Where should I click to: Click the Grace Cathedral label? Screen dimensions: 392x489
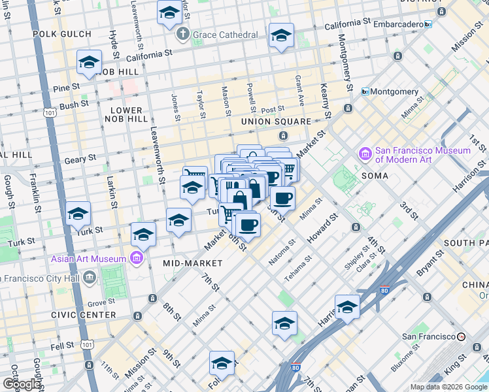pyautogui.click(x=224, y=34)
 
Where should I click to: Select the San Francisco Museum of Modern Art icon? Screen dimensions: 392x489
pyautogui.click(x=365, y=155)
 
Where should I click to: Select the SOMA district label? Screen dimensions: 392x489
pyautogui.click(x=373, y=176)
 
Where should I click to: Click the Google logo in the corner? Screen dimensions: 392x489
pyautogui.click(x=21, y=384)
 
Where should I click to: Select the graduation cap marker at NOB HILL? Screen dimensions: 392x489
pyautogui.click(x=89, y=62)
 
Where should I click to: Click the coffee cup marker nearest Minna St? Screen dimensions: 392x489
pyautogui.click(x=282, y=197)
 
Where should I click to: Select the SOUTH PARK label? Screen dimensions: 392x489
pyautogui.click(x=465, y=242)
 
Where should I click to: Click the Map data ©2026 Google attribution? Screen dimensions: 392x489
pyautogui.click(x=448, y=387)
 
